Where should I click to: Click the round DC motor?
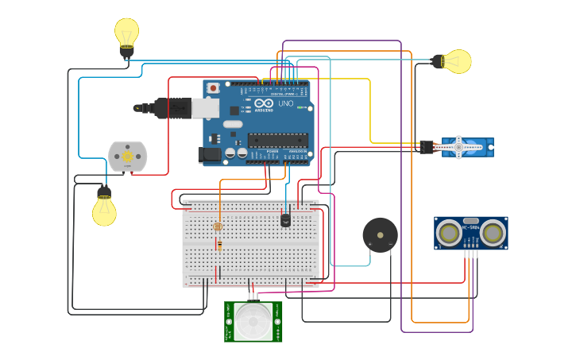[128, 157]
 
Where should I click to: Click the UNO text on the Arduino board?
[284, 103]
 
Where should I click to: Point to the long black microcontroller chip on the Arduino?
[277, 140]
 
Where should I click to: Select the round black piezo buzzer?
[380, 235]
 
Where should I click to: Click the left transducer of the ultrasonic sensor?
[450, 234]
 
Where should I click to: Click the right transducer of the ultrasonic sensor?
[493, 234]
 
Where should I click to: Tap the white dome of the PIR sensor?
[253, 322]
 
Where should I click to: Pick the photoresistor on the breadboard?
[218, 226]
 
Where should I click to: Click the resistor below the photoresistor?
[219, 246]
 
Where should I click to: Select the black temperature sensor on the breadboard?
[285, 219]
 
